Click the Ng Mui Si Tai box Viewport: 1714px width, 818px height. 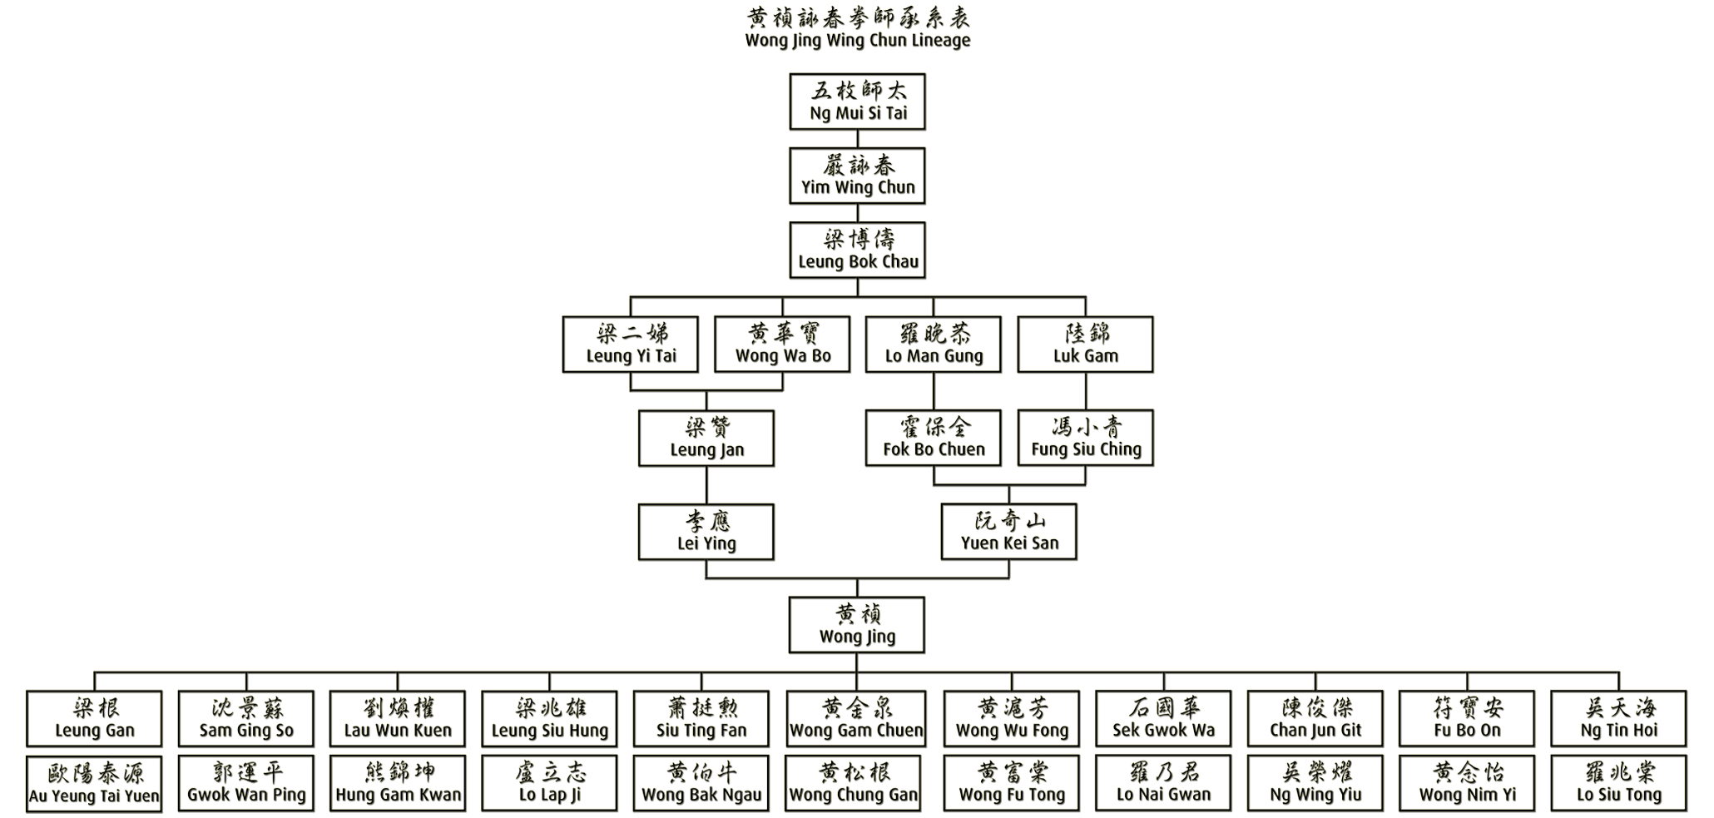tap(857, 102)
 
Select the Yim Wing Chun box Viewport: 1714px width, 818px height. tap(857, 176)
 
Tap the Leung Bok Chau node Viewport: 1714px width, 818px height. tap(857, 250)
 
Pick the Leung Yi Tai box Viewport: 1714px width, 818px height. tap(631, 344)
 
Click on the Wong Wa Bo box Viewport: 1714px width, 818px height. tap(782, 344)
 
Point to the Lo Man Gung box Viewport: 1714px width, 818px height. tap(934, 344)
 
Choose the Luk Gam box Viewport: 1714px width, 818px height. tap(1085, 344)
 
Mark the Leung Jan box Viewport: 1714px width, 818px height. tap(706, 438)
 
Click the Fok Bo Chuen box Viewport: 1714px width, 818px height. tap(934, 438)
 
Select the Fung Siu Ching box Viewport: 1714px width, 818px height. tap(1085, 438)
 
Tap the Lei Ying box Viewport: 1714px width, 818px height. tap(706, 532)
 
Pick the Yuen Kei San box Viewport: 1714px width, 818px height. tap(1009, 532)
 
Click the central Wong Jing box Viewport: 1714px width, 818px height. tap(857, 625)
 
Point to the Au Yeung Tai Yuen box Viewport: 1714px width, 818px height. tap(94, 783)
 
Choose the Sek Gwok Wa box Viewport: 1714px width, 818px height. tap(1163, 718)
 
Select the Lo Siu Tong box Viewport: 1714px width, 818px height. tap(1618, 783)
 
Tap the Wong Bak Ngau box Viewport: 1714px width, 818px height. tap(701, 783)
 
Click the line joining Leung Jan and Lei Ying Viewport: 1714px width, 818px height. tap(706, 485)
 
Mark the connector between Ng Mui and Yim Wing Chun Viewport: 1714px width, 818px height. tap(857, 139)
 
